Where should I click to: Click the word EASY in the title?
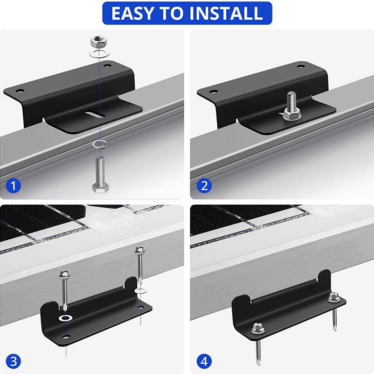(132, 13)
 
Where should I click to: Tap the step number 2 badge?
(203, 186)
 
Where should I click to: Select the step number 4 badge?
(203, 360)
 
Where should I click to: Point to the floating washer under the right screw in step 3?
(138, 291)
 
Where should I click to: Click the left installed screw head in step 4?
(258, 328)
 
